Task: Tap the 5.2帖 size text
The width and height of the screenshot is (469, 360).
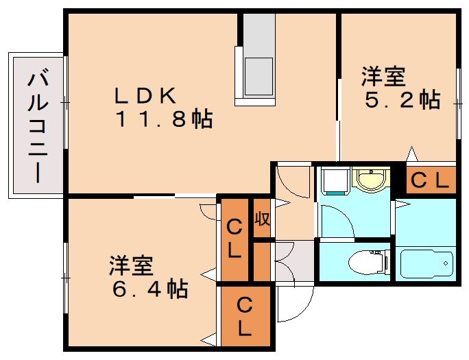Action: click(402, 101)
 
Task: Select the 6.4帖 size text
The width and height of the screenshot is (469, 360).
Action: click(150, 289)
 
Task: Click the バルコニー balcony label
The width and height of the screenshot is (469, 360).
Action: click(37, 128)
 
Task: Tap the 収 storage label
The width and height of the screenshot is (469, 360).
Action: click(261, 219)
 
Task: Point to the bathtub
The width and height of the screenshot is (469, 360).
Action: click(426, 263)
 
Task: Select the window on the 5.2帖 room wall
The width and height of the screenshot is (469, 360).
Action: click(457, 103)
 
